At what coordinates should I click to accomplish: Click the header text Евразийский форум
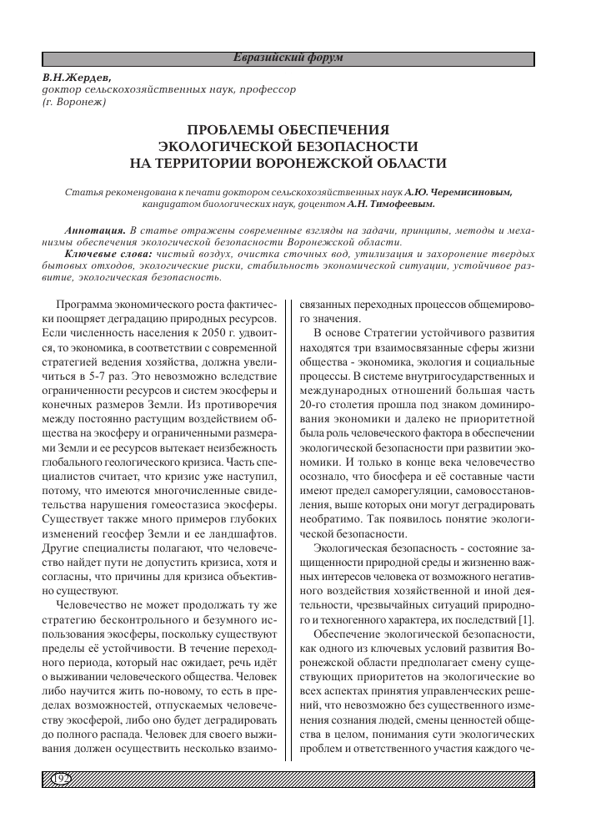(288, 58)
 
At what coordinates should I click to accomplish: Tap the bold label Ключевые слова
(107, 253)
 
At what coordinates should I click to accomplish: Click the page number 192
(60, 780)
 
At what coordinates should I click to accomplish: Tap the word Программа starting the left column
(85, 305)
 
